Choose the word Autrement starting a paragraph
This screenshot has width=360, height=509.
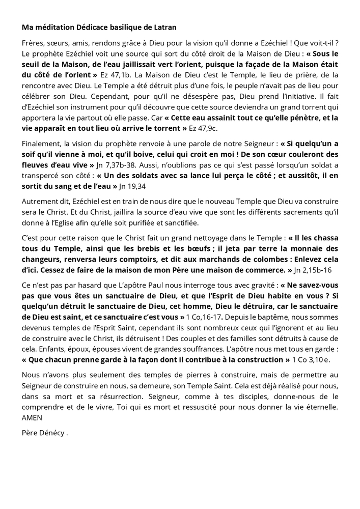pos(40,202)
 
